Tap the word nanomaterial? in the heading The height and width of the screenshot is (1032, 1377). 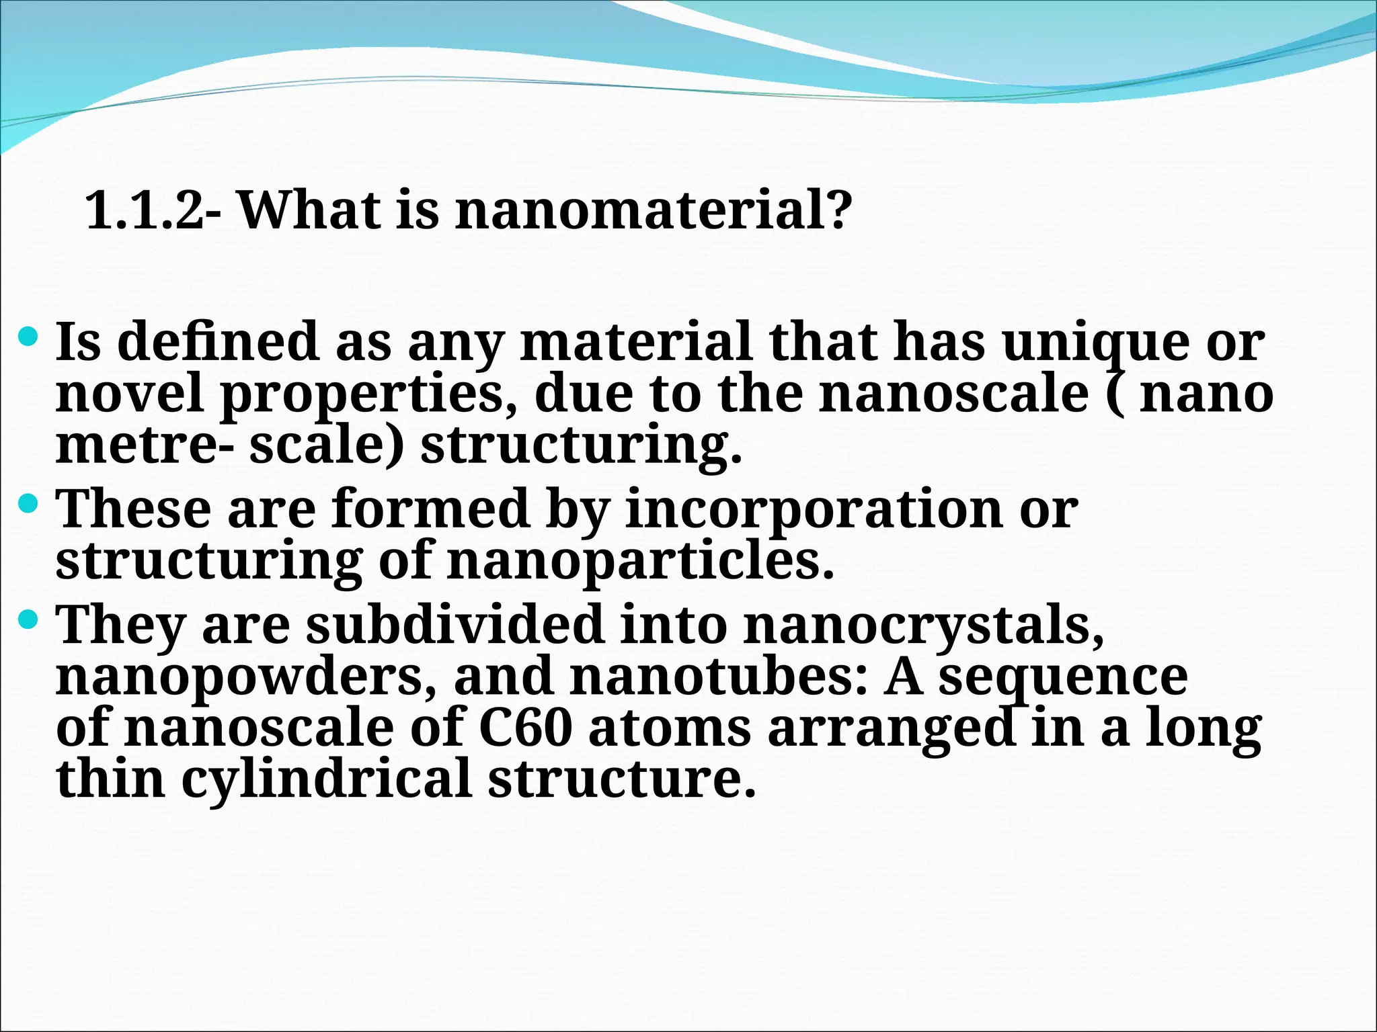click(x=652, y=210)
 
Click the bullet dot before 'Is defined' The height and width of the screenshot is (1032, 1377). click(x=30, y=334)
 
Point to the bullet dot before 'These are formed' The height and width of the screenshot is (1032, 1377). click(x=30, y=501)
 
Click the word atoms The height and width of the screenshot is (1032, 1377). click(x=670, y=728)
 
